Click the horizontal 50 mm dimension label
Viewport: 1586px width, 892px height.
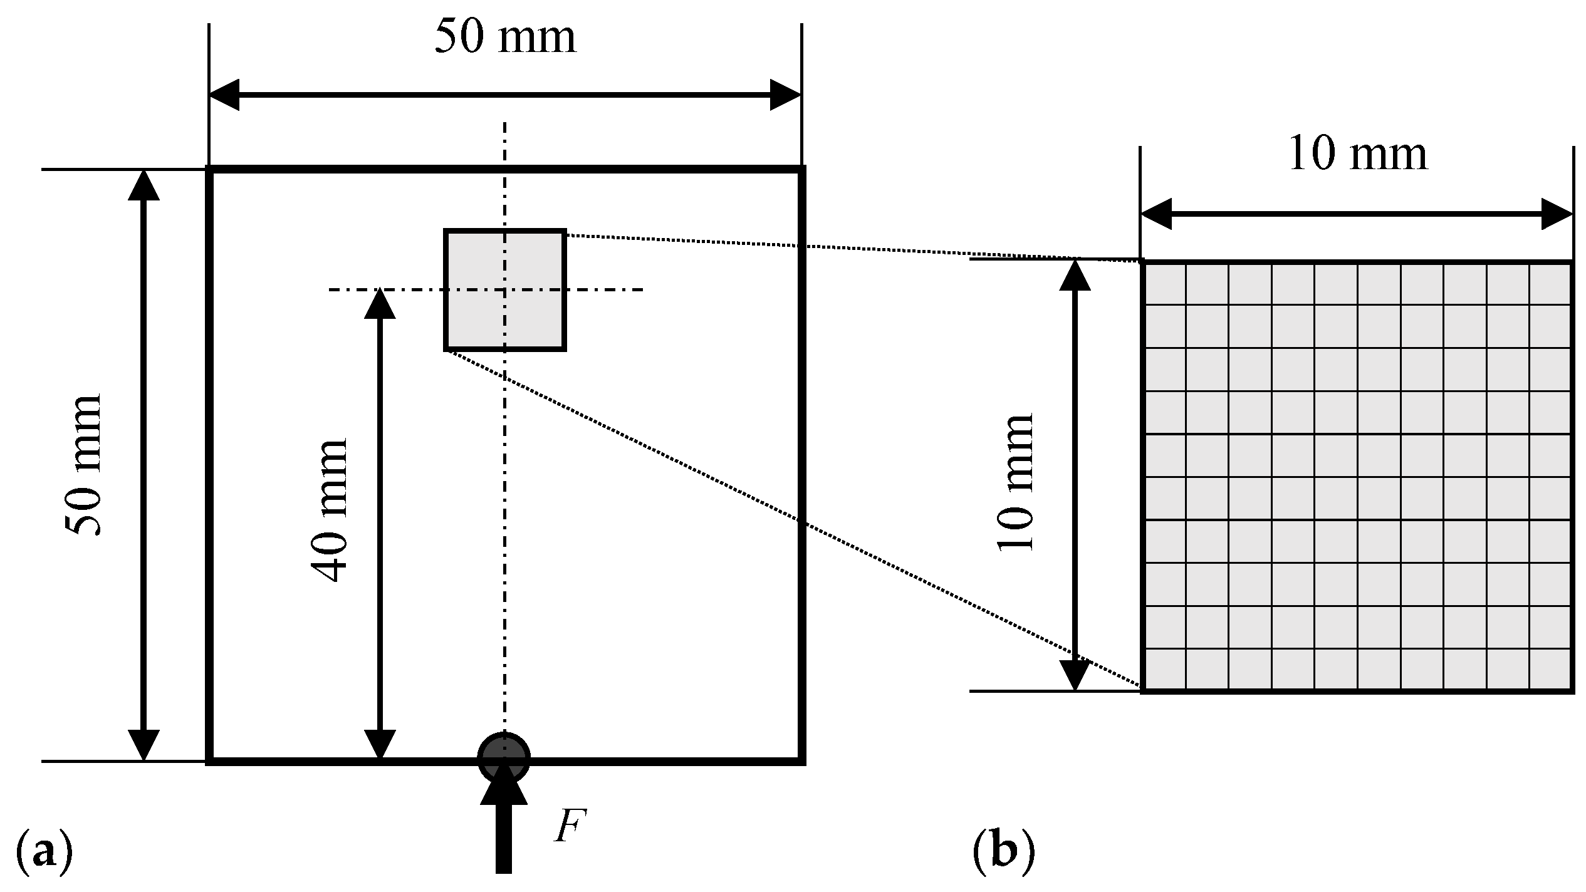click(505, 38)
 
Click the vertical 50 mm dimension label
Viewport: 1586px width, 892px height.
click(84, 465)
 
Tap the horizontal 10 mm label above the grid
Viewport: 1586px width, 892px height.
click(1357, 155)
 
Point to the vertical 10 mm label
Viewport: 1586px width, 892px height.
click(1015, 482)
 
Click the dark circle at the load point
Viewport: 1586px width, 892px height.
click(503, 757)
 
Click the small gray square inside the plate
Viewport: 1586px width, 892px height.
click(505, 290)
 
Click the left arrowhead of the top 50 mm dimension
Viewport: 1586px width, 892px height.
click(224, 95)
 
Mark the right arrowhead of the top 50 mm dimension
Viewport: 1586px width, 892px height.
click(786, 95)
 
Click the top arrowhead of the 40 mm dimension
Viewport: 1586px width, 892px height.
click(380, 304)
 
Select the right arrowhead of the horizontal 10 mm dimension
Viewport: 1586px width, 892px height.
click(1557, 214)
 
